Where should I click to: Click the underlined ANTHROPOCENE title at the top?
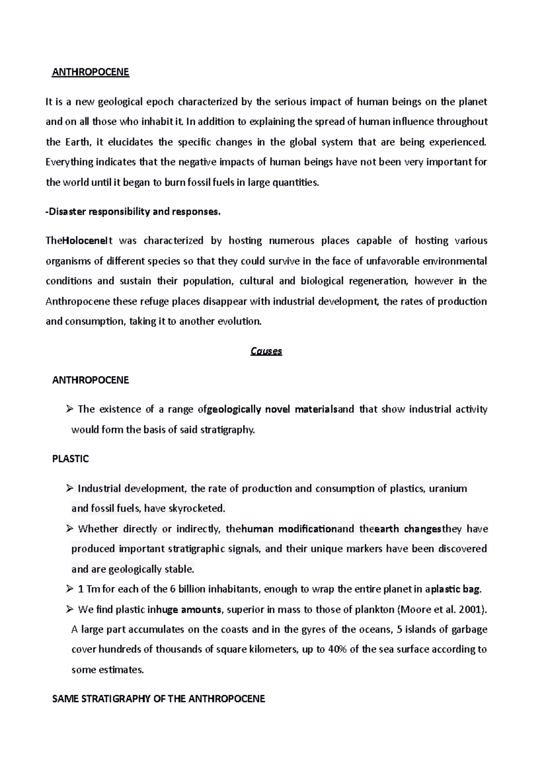tap(91, 72)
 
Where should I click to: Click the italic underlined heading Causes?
tap(266, 351)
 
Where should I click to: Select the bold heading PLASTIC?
tap(71, 459)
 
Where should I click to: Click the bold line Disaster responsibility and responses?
tap(133, 212)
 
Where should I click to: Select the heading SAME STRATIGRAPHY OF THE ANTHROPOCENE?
tap(158, 699)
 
